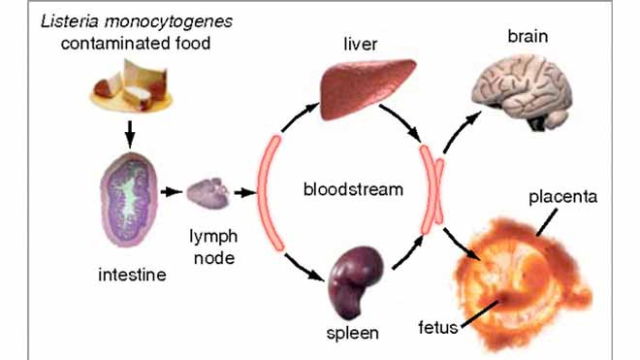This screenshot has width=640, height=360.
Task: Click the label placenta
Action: pyautogui.click(x=563, y=198)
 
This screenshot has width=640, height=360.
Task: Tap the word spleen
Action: pyautogui.click(x=353, y=333)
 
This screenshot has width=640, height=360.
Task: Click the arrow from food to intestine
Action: pyautogui.click(x=130, y=130)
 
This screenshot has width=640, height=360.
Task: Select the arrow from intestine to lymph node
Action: pyautogui.click(x=172, y=191)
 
